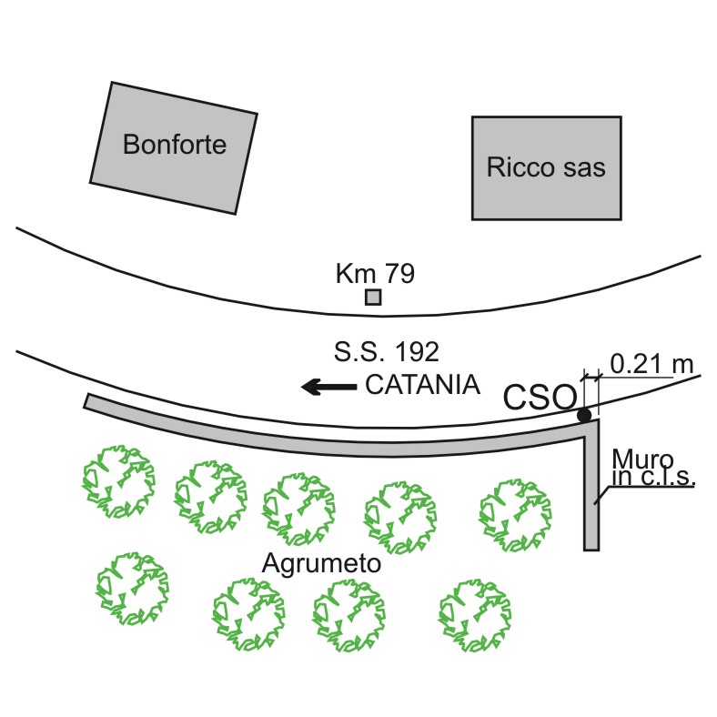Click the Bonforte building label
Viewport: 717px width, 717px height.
tap(175, 144)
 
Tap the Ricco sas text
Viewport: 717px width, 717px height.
tap(546, 167)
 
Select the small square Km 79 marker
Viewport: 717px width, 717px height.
tap(373, 298)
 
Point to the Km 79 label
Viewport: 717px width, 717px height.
tap(375, 273)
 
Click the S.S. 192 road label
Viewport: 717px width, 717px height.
tap(387, 351)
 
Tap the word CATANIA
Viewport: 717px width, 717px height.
tap(422, 384)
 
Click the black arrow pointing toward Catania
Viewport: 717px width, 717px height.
tap(328, 387)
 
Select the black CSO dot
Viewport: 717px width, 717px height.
tap(584, 415)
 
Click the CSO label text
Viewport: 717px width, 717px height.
tap(540, 397)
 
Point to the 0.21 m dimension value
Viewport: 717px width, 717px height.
tap(651, 365)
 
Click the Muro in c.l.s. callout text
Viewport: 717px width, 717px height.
tap(653, 468)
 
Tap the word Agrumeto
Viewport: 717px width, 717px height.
tap(321, 563)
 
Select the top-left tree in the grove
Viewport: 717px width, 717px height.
tap(118, 481)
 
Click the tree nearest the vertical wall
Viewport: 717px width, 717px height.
tap(515, 515)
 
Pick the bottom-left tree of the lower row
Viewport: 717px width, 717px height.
tap(133, 589)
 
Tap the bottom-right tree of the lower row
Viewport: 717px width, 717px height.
tap(475, 615)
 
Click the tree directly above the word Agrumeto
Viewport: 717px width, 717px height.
tap(298, 509)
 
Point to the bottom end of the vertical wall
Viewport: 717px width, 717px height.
tap(591, 550)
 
